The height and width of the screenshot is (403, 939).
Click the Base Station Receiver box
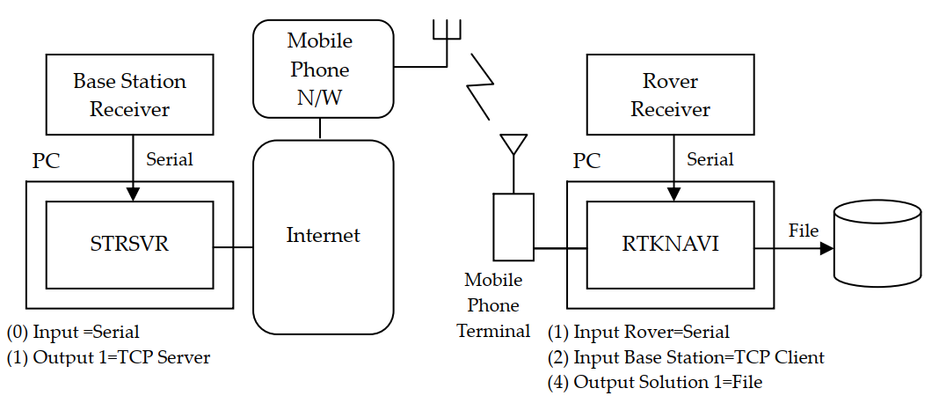coord(129,94)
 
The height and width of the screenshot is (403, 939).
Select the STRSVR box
coord(129,244)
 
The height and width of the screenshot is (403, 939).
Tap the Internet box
coord(323,235)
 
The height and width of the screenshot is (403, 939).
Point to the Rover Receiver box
coord(670,94)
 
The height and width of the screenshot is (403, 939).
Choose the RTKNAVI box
coord(670,244)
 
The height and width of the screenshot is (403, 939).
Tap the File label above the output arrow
coord(803,231)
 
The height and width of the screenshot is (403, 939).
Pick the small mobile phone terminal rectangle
coord(513,226)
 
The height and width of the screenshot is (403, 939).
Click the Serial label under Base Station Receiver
coord(169,159)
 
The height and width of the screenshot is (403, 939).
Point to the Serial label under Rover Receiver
coord(710,159)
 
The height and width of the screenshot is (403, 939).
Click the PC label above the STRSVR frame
coord(47,162)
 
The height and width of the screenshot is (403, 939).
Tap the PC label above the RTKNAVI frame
coord(586,162)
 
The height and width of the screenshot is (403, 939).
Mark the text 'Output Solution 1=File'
coord(655,383)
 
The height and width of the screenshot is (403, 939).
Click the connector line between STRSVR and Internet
coord(233,247)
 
